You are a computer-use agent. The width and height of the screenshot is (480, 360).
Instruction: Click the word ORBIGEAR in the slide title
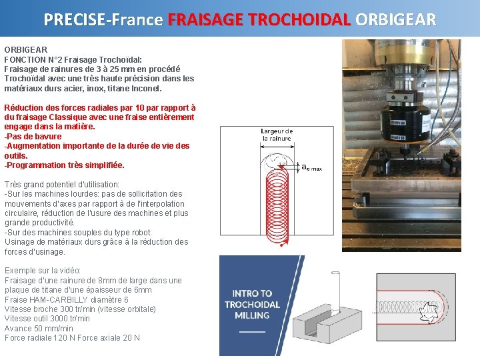pos(396,19)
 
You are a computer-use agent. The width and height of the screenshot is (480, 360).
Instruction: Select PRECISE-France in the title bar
pos(103,19)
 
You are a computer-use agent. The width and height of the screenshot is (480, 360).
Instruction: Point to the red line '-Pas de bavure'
pos(33,136)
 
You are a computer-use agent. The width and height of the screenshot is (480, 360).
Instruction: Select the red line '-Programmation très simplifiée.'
pos(64,165)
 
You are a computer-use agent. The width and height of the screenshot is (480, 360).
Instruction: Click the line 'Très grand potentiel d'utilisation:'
pos(62,185)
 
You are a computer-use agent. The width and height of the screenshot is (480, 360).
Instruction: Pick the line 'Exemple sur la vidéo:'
pos(43,271)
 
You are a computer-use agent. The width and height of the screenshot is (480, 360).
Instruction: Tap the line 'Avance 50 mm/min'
pos(39,329)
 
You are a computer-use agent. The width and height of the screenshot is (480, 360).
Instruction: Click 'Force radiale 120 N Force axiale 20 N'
pos(72,338)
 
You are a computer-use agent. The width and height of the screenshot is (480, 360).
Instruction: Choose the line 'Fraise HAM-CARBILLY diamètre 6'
pos(66,300)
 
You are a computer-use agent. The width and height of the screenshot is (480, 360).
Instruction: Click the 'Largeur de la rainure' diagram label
pos(277,135)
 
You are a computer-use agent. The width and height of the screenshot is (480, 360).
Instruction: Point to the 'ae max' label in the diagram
pos(311,168)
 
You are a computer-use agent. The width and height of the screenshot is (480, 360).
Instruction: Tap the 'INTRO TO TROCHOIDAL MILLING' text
pos(252,304)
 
